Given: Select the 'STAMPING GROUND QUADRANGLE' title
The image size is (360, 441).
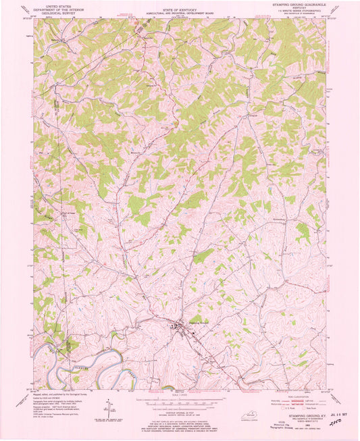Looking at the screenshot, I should (x=301, y=4).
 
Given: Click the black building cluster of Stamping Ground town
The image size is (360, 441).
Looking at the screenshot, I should (x=179, y=329).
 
